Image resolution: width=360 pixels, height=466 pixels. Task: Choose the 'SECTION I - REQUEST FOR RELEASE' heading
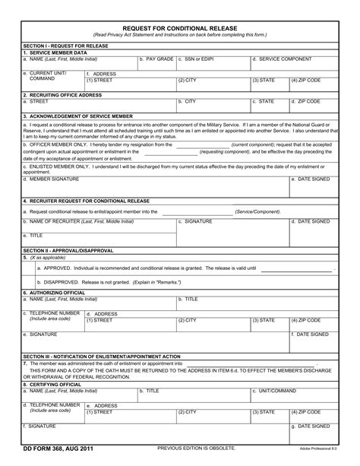pyautogui.click(x=65, y=46)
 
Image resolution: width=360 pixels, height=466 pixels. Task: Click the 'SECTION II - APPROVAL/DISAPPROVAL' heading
pyautogui.click(x=68, y=250)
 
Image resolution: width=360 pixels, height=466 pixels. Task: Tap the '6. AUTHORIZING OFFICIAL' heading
pyautogui.click(x=55, y=293)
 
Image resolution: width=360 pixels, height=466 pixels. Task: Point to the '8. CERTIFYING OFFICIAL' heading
pyautogui.click(x=52, y=385)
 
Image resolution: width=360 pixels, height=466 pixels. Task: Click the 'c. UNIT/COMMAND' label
pyautogui.click(x=275, y=391)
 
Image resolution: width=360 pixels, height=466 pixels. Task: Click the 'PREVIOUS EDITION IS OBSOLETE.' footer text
pyautogui.click(x=196, y=449)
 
